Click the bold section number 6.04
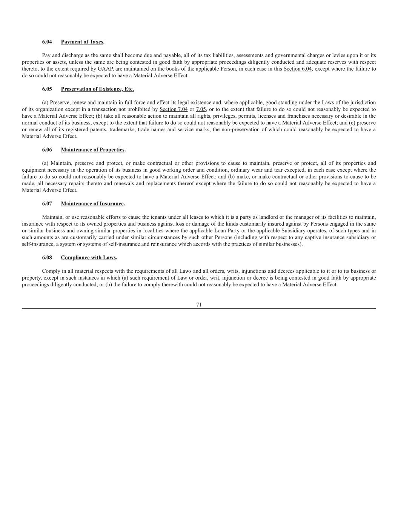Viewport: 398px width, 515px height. (47, 42)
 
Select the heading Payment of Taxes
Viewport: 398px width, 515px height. (82, 42)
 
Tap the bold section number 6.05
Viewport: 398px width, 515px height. (47, 89)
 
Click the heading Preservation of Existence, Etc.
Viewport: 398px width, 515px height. (97, 89)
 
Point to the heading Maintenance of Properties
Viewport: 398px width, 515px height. (92, 150)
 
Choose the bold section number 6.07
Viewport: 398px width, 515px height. (47, 204)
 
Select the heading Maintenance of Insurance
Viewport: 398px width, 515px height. (92, 204)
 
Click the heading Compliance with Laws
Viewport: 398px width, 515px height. (88, 258)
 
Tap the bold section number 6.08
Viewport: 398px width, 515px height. (47, 258)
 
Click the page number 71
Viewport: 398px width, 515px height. (199, 305)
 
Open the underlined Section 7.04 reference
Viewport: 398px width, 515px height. (174, 109)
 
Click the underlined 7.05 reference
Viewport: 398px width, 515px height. (201, 109)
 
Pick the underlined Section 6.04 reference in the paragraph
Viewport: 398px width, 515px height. (298, 69)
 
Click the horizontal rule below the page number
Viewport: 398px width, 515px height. (199, 309)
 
